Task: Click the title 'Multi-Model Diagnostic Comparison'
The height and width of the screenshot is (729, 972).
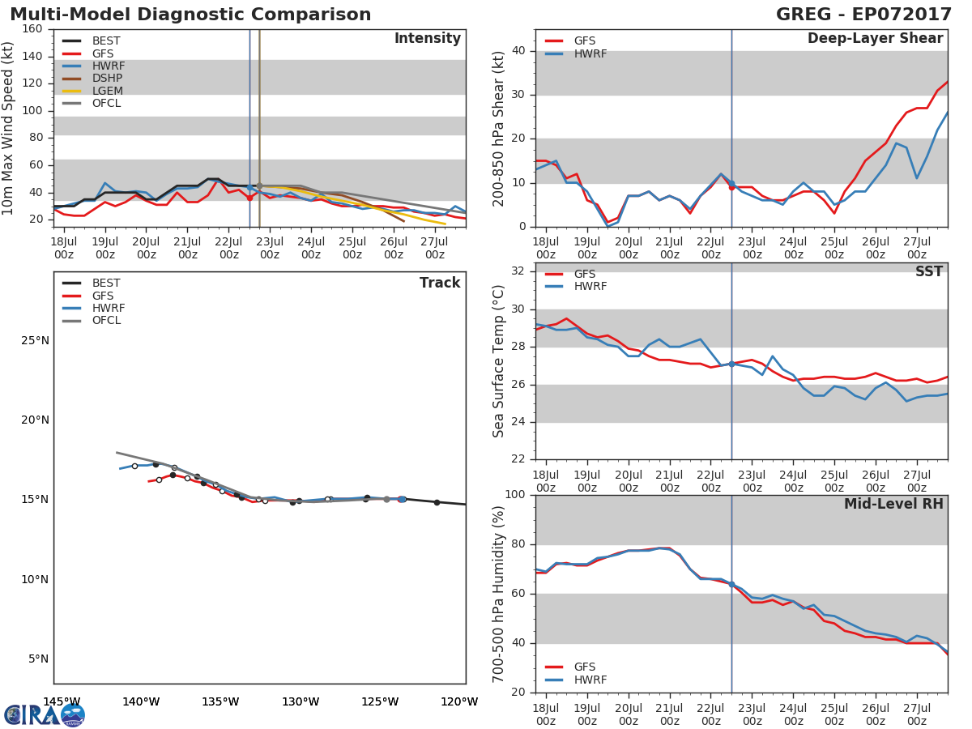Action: point(190,15)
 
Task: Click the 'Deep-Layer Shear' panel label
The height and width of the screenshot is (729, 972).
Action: point(875,39)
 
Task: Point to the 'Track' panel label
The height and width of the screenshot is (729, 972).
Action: point(439,283)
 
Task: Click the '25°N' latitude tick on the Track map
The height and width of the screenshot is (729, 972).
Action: point(34,340)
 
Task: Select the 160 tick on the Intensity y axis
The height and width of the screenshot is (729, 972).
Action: point(33,29)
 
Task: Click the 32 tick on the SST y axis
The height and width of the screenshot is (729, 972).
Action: point(517,271)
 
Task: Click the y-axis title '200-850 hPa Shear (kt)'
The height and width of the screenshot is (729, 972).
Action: point(499,128)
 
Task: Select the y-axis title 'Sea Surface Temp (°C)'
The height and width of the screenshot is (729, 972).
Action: point(499,361)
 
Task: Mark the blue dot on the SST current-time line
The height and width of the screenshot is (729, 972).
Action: point(731,364)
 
